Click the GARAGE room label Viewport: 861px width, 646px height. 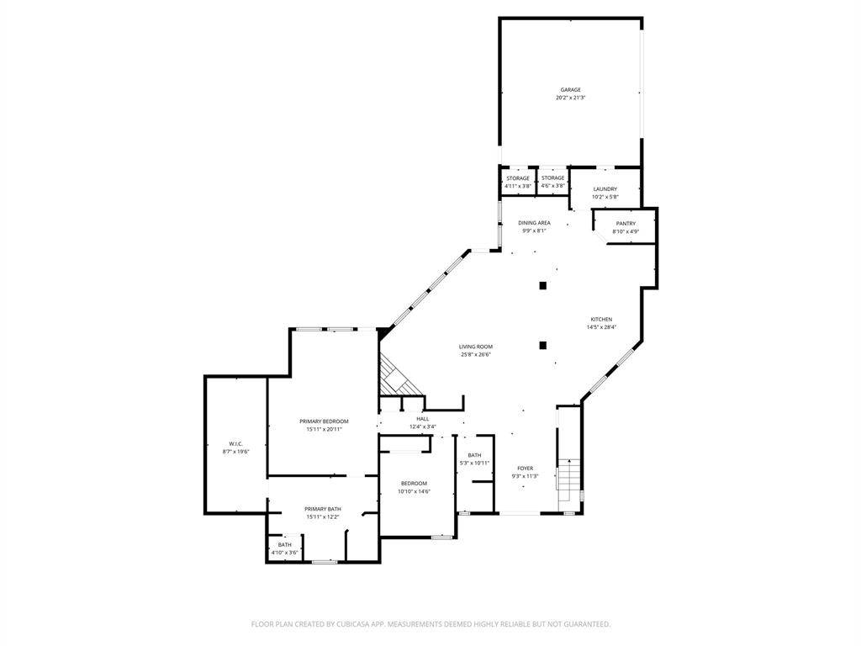pos(571,90)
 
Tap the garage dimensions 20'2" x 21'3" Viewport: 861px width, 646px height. pos(571,98)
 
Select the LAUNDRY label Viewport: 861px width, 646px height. pos(605,189)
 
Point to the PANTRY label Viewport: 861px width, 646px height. pos(626,223)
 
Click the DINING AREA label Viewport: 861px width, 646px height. pos(534,223)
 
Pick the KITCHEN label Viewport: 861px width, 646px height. pos(601,320)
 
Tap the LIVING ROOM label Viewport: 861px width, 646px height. pos(476,347)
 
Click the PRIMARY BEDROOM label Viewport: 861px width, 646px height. pos(324,421)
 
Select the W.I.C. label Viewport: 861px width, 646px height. pos(236,444)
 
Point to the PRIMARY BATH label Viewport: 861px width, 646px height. pos(324,509)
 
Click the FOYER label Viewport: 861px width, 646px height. pos(525,469)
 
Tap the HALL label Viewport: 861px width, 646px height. pos(422,419)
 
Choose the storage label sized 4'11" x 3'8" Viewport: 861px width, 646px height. pos(518,178)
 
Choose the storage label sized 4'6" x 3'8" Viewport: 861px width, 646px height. pos(553,178)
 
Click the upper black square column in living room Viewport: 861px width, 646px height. pos(543,286)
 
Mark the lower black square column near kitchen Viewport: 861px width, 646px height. pos(543,344)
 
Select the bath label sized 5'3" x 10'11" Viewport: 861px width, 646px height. pos(475,455)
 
